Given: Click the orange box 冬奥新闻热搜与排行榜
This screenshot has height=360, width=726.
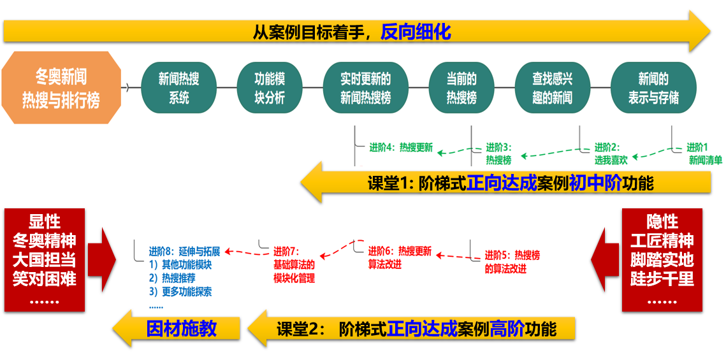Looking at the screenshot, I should pos(61,88).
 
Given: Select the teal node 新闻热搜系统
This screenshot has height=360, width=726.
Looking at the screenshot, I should pos(178,89).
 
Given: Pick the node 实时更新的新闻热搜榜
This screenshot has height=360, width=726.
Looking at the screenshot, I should pos(365,89).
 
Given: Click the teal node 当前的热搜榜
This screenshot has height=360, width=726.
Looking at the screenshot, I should pos(461,89).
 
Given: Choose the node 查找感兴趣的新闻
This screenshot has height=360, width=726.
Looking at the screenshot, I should pos(552,89).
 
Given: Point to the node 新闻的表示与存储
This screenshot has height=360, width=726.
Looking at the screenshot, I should pos(653,89).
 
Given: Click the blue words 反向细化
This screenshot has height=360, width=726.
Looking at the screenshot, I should pos(416,31).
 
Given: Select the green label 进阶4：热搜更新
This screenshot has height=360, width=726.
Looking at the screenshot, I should pos(400,148).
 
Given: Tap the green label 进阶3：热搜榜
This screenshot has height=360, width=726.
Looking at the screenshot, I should pos(499,154).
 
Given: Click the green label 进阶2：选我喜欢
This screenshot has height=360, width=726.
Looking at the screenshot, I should pos(611,154).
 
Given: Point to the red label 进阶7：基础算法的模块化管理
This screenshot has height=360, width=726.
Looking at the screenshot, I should pos(294,264).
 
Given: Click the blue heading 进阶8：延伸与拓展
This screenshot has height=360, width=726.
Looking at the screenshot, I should pos(184,251).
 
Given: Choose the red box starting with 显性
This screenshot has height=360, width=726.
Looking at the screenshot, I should pos(45,260).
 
